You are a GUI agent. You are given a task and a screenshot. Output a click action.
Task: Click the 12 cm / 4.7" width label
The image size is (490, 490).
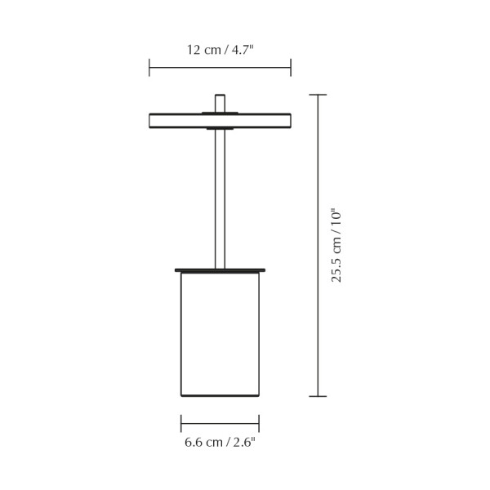pyautogui.click(x=220, y=50)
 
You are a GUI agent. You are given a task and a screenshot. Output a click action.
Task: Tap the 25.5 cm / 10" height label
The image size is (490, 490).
pyautogui.click(x=336, y=245)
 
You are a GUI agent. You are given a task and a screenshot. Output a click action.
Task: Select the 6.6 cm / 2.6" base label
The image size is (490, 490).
pyautogui.click(x=220, y=442)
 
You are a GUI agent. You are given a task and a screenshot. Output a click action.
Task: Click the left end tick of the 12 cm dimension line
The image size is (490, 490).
pyautogui.click(x=149, y=68)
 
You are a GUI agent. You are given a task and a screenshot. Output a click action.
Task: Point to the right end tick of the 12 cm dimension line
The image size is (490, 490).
pyautogui.click(x=291, y=68)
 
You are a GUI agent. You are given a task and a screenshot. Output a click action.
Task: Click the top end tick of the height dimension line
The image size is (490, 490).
pyautogui.click(x=318, y=95)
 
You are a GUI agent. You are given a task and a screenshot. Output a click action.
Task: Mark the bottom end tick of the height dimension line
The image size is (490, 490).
pyautogui.click(x=318, y=396)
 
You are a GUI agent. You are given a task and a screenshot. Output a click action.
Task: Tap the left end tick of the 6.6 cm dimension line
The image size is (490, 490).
pyautogui.click(x=181, y=423)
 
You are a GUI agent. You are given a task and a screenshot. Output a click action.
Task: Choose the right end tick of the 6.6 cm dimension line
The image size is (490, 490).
pyautogui.click(x=259, y=423)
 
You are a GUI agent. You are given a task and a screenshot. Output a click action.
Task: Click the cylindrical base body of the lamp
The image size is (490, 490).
pyautogui.click(x=220, y=334)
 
